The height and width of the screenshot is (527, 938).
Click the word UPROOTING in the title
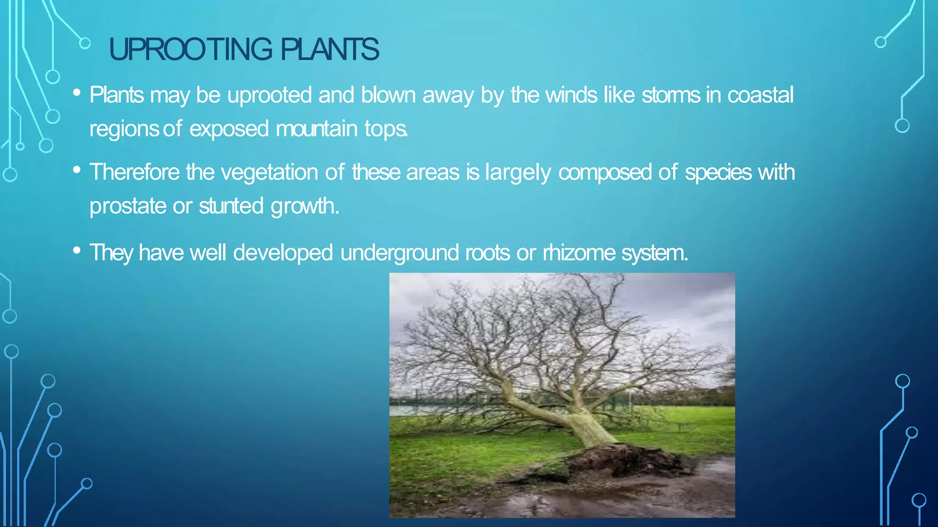[190, 49]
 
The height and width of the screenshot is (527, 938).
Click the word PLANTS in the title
[329, 49]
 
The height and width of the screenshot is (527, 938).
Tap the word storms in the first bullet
[671, 95]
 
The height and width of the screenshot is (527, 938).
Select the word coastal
[760, 95]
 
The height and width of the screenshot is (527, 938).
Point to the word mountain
[316, 129]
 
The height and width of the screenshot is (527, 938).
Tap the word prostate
[128, 206]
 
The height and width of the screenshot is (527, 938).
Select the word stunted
[231, 206]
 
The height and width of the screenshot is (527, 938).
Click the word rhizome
[579, 253]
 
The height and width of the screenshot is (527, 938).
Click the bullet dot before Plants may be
[76, 93]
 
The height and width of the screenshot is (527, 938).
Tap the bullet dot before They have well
[76, 250]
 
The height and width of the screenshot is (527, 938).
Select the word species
[718, 172]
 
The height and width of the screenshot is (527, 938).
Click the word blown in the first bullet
[388, 95]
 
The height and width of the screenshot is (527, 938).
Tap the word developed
[283, 253]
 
